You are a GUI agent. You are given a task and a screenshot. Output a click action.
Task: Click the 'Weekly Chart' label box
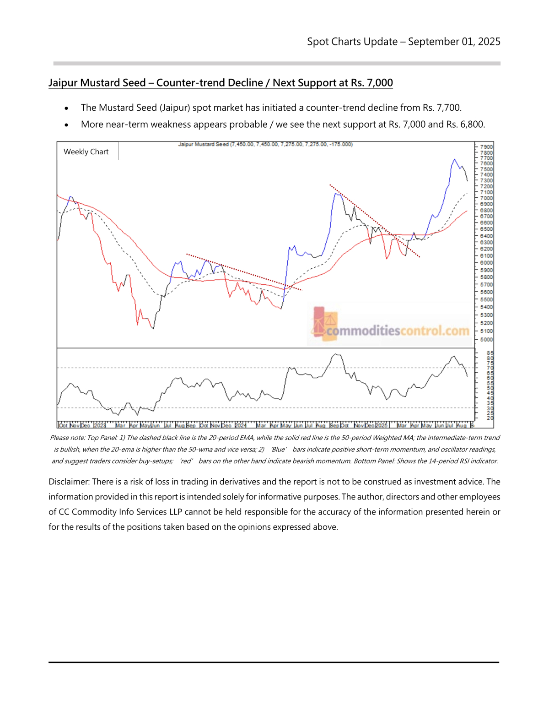(86, 152)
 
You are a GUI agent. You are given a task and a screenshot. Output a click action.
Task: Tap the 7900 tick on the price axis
(486, 147)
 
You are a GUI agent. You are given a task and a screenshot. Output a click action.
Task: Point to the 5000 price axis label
(486, 339)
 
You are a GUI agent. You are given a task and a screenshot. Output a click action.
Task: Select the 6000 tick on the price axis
(486, 263)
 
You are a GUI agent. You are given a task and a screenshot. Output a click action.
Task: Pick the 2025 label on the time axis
(382, 425)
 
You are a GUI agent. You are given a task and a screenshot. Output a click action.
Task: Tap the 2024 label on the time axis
(240, 425)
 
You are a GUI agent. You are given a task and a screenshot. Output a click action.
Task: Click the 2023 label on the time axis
(99, 425)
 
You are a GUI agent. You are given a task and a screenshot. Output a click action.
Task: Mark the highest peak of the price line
(454, 159)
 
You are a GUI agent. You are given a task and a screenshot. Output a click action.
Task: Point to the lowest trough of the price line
(153, 328)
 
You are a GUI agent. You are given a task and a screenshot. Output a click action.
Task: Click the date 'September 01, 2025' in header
(454, 42)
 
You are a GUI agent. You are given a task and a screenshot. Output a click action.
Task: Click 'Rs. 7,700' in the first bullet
(441, 108)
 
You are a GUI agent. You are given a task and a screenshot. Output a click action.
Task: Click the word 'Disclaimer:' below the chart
(69, 482)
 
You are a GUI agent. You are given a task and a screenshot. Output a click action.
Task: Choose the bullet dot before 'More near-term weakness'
(67, 125)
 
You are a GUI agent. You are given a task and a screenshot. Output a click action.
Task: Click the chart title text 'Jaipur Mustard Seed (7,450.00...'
(265, 144)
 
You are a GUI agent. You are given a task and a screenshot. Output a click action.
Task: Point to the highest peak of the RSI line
(336, 354)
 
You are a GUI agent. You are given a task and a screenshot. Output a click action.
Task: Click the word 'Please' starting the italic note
(59, 438)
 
